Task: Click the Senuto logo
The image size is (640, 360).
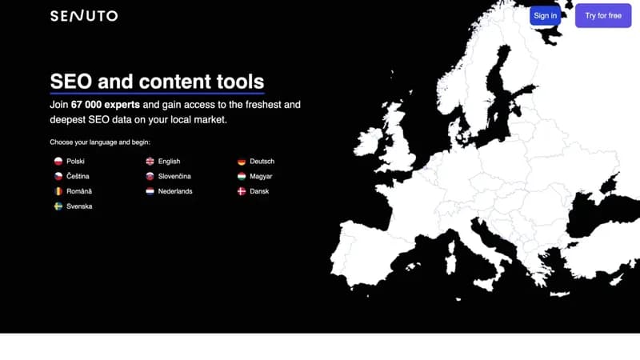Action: (84, 16)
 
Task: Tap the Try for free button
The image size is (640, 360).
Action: (603, 15)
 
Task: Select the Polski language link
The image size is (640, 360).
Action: (70, 162)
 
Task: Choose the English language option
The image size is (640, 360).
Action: (163, 162)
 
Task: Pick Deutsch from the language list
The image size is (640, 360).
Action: (256, 162)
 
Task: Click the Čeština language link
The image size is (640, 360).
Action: (72, 176)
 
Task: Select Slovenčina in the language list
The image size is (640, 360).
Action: (168, 176)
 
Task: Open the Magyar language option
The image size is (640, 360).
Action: (254, 176)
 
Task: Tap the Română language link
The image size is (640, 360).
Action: (73, 191)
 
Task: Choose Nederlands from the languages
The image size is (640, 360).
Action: (169, 191)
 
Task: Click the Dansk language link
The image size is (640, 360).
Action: (253, 191)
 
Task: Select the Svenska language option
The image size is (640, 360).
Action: (73, 206)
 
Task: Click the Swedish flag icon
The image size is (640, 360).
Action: (58, 206)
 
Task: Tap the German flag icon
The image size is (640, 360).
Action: (242, 162)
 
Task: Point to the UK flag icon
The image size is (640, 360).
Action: (150, 162)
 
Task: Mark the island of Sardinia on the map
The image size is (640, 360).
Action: (450, 257)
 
